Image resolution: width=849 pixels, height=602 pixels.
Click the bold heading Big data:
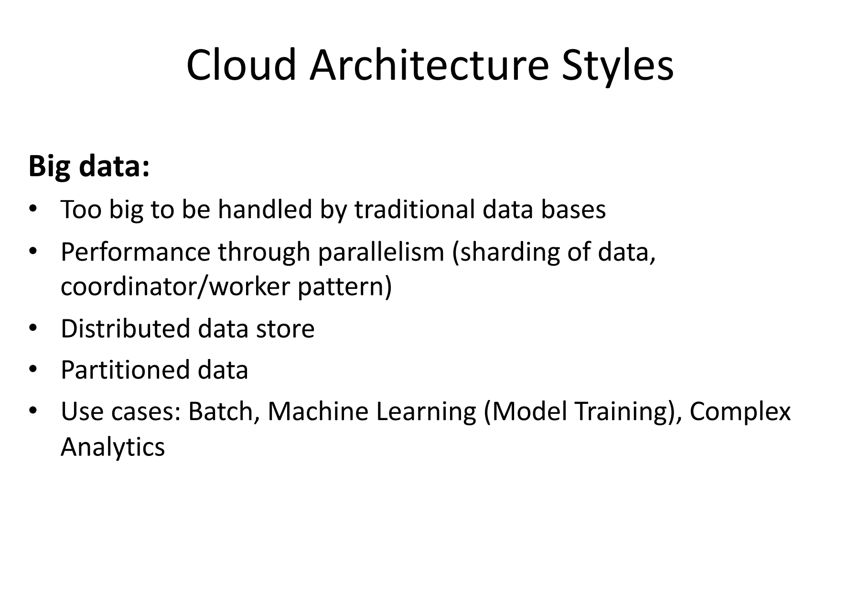point(89,167)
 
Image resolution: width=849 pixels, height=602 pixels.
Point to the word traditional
point(414,209)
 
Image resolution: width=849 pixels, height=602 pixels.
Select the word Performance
point(135,252)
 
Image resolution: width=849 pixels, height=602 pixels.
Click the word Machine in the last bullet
point(318,412)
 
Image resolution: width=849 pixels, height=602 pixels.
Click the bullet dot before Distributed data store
point(32,329)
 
